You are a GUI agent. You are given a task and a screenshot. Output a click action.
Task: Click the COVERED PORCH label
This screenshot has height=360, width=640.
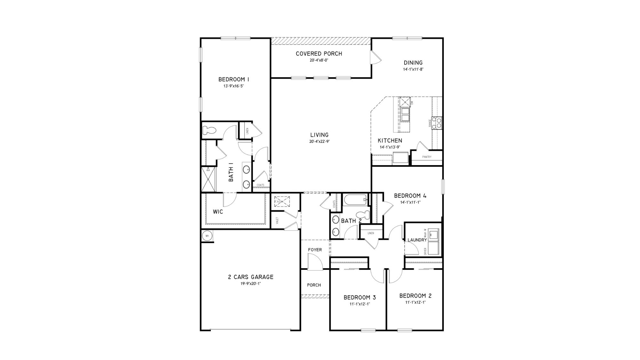click(319, 54)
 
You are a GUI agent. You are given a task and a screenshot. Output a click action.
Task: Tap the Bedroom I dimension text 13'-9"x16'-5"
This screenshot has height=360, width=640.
click(234, 86)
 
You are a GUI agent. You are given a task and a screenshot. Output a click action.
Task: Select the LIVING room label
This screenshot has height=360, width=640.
click(319, 135)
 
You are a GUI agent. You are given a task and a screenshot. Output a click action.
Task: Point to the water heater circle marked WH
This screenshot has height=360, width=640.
click(207, 236)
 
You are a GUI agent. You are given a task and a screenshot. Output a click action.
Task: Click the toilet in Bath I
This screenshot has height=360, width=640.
click(210, 130)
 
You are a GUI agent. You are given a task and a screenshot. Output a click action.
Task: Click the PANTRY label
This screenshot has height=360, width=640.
click(427, 157)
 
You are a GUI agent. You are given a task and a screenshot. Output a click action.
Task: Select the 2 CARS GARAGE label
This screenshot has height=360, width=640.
click(251, 277)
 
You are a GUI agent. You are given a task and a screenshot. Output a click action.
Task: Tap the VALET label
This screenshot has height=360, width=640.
click(277, 220)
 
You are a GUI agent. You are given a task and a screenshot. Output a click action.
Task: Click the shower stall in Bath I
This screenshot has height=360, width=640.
click(208, 179)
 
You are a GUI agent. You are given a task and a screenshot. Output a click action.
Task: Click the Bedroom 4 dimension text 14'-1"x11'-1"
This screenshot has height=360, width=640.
click(410, 202)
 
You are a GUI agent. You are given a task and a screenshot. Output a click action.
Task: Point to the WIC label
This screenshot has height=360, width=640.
click(218, 212)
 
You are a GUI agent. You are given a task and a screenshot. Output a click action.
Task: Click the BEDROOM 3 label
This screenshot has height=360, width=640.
click(360, 298)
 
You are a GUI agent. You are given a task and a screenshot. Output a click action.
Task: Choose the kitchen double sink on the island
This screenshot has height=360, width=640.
click(405, 115)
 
